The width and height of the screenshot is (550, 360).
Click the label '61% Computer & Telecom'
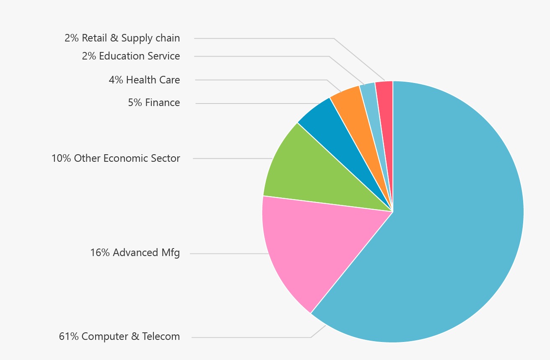point(119,337)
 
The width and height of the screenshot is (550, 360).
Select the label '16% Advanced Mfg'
point(135,253)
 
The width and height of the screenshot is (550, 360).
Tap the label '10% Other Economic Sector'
point(116,158)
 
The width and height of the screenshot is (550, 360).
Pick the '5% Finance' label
point(154,103)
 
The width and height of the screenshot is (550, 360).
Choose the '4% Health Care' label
point(144,80)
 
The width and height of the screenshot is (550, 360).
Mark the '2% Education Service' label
point(131,56)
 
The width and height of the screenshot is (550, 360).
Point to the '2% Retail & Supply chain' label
point(122,38)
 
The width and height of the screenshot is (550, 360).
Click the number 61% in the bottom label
point(69,337)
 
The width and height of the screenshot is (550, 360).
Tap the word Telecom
point(161,337)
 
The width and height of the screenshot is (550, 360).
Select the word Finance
point(163,103)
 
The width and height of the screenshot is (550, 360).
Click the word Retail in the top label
point(94,38)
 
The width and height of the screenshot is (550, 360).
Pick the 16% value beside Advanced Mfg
point(100,253)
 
